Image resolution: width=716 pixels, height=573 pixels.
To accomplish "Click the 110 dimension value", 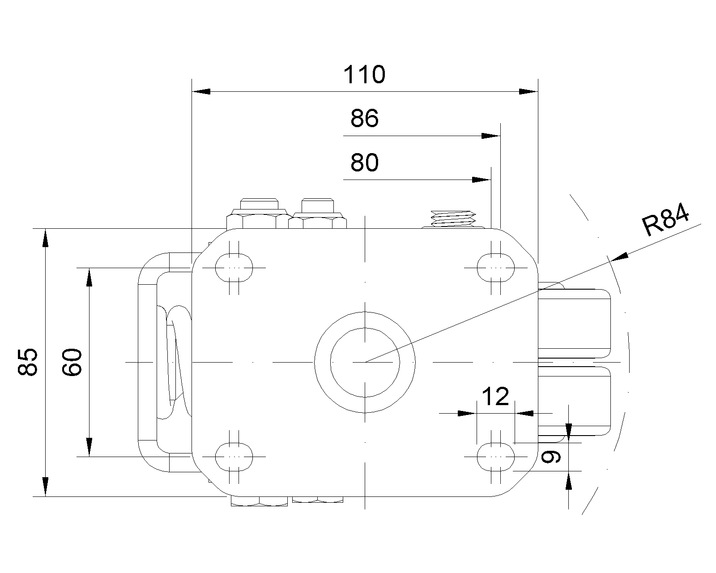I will [x=364, y=75].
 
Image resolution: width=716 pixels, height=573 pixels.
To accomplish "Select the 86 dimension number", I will [x=364, y=119].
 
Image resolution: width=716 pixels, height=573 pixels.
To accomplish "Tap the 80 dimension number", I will [x=364, y=163].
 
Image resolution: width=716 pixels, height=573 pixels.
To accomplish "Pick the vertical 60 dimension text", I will [x=72, y=362].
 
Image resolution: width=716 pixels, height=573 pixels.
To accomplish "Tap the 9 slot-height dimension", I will [x=550, y=457].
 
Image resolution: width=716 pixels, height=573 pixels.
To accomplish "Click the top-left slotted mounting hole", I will [x=234, y=268].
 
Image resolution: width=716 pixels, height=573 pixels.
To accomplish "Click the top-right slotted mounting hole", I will [x=495, y=268].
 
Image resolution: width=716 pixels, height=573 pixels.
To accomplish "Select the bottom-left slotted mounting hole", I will [x=234, y=457].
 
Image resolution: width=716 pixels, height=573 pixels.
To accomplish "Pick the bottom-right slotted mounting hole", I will [x=495, y=457].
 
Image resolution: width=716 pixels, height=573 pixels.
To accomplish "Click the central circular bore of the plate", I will [x=365, y=362].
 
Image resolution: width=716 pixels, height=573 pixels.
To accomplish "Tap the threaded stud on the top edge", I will [x=452, y=218].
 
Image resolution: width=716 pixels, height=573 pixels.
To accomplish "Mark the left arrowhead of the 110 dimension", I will [x=201, y=91].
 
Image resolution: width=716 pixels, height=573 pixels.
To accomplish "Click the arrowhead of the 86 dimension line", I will [x=491, y=136].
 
